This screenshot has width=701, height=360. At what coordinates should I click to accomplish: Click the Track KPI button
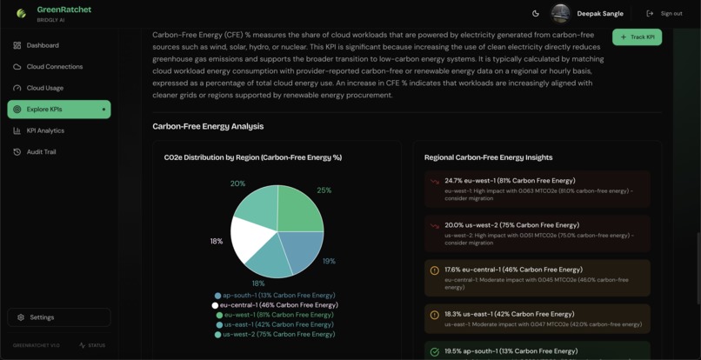tap(637, 37)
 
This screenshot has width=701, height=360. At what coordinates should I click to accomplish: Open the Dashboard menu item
tap(43, 45)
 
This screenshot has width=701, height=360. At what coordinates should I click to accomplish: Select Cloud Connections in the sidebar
tap(54, 66)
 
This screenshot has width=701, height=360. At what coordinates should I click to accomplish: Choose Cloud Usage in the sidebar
tap(44, 88)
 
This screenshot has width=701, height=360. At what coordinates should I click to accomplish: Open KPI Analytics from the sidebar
tap(45, 130)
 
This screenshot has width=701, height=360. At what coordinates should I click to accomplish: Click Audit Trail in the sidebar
tap(41, 152)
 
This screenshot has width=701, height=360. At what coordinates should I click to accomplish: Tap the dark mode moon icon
tap(536, 13)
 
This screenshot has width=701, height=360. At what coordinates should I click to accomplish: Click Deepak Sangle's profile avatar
tap(560, 13)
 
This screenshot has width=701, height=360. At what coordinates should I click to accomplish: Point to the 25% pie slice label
tap(324, 190)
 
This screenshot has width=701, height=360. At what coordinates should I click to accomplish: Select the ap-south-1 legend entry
tap(275, 296)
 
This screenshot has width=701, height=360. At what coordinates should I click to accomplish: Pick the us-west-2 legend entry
tap(276, 334)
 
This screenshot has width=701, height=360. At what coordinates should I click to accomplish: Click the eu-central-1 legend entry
tap(275, 305)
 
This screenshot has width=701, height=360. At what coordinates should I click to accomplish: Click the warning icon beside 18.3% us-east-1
tap(435, 315)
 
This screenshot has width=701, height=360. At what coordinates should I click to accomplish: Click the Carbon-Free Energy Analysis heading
tap(208, 126)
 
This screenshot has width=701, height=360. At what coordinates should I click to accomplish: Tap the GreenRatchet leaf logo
tap(21, 13)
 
